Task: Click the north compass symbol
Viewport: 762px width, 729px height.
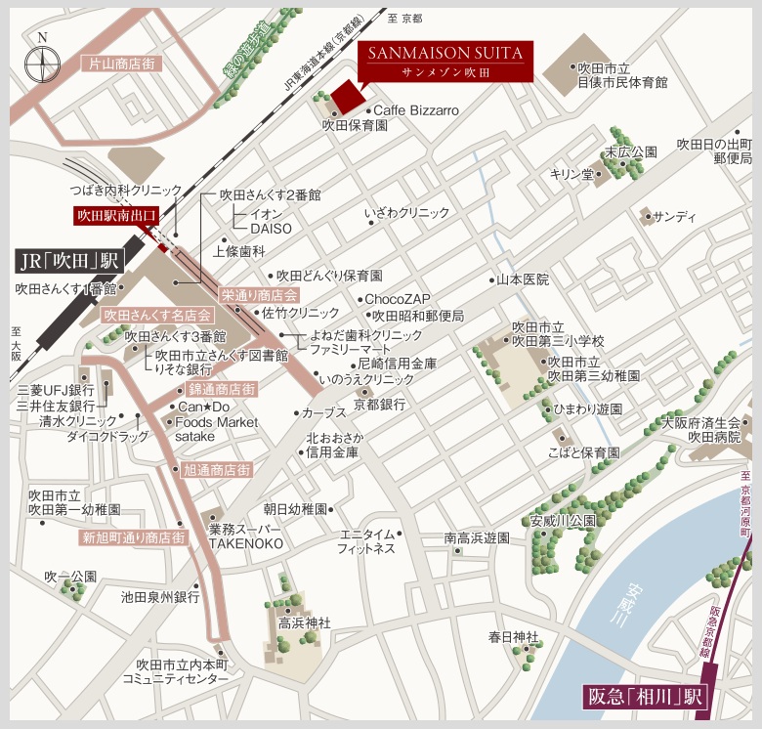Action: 41,61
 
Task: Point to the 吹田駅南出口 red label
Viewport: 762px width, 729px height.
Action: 116,214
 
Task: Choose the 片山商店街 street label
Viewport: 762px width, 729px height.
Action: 121,64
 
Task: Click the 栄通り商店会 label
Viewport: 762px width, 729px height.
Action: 259,294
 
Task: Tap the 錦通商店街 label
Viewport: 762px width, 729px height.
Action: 223,389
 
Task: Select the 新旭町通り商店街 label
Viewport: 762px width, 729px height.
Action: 134,537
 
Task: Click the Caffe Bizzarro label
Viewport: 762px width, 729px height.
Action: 415,111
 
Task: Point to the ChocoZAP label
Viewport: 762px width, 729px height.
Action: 397,299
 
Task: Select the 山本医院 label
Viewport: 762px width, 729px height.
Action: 523,279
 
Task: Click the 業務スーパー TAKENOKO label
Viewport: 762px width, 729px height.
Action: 245,536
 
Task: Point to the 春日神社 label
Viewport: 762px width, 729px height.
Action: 514,637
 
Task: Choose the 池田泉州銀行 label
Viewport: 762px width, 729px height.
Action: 160,595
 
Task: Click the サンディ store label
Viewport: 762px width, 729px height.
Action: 675,215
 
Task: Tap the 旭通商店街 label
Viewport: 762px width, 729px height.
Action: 217,470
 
